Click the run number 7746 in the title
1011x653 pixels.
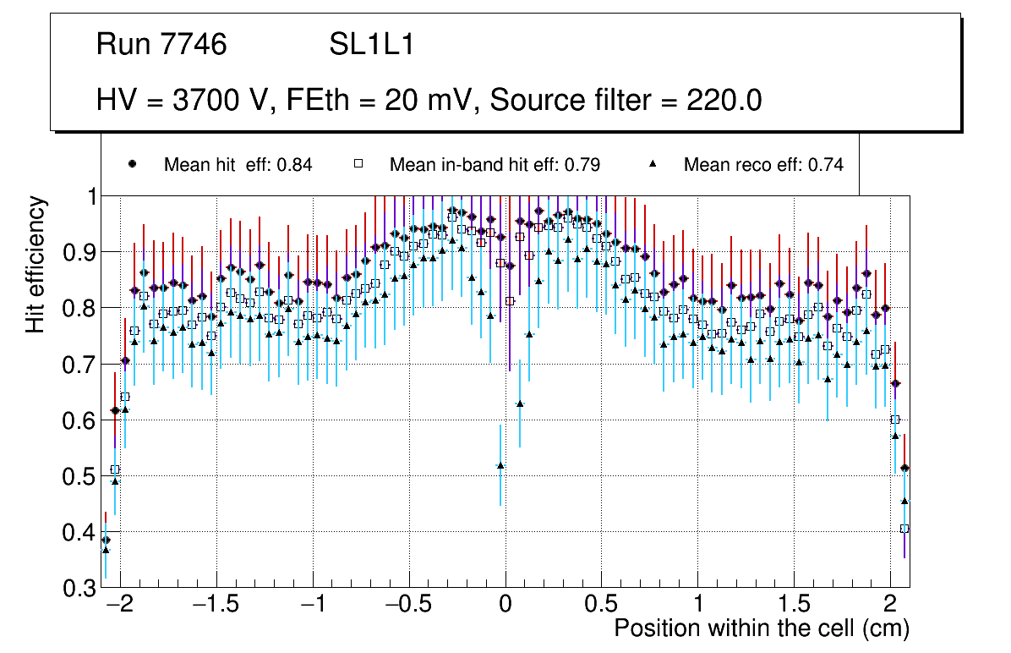point(194,45)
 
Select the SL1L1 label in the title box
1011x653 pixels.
point(372,45)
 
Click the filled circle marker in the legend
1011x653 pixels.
point(132,164)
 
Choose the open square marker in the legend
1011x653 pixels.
point(358,164)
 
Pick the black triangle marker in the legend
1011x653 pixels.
point(653,164)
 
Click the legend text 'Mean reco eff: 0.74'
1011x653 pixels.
point(763,165)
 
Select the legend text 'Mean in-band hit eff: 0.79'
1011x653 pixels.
point(495,165)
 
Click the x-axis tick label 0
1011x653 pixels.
point(505,606)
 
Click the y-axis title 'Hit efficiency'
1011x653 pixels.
point(36,264)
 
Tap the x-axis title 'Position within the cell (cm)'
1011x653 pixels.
point(761,629)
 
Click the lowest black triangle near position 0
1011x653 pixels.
point(500,465)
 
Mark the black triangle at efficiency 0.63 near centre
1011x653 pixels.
point(520,403)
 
